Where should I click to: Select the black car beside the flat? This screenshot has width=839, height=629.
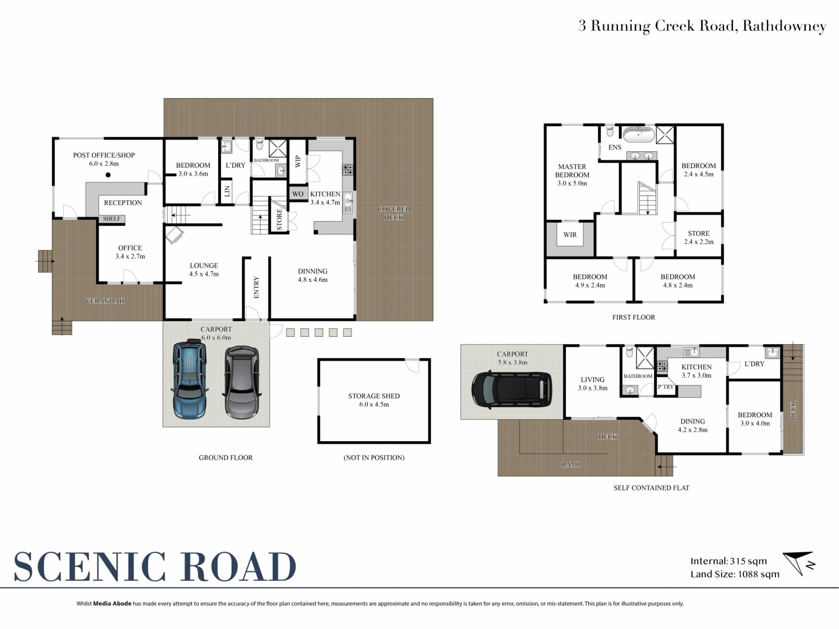[x=511, y=390]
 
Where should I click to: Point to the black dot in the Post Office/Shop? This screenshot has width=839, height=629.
[x=108, y=175]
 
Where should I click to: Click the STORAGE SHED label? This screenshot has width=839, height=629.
[x=374, y=396]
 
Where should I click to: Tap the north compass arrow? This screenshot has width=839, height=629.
[x=799, y=564]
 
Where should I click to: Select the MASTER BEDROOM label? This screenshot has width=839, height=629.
[x=572, y=171]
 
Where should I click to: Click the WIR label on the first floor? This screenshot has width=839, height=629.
[x=570, y=235]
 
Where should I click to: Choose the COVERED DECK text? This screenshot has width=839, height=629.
[x=394, y=213]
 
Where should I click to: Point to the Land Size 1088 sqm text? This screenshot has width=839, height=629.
[x=735, y=574]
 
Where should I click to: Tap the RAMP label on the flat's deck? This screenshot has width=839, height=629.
[x=571, y=465]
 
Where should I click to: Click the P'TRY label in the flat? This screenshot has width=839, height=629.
[x=666, y=387]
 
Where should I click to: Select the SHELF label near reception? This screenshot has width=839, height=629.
[x=111, y=219]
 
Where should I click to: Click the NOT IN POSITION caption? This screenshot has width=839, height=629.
[x=374, y=458]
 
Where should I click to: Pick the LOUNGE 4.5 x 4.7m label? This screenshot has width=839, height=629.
[x=204, y=270]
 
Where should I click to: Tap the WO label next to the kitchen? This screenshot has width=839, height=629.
[x=298, y=194]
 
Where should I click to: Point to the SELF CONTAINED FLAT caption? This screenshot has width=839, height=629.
[x=651, y=488]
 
